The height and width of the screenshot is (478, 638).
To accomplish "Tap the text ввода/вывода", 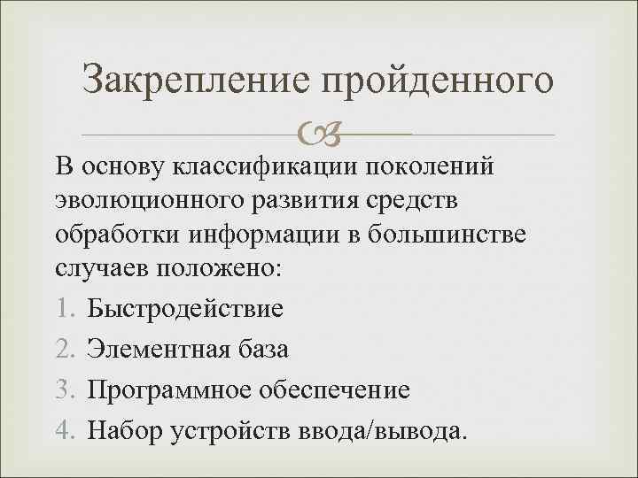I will (x=394, y=430).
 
